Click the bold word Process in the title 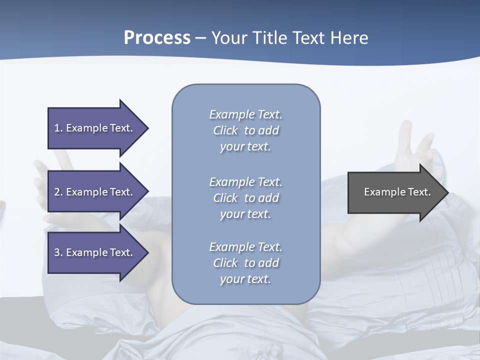[157, 38]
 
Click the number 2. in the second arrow [58, 192]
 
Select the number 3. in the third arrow [58, 252]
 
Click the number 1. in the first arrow [58, 128]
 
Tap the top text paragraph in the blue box [245, 130]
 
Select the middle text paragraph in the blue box [245, 198]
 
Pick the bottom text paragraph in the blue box [245, 263]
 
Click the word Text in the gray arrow [420, 192]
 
